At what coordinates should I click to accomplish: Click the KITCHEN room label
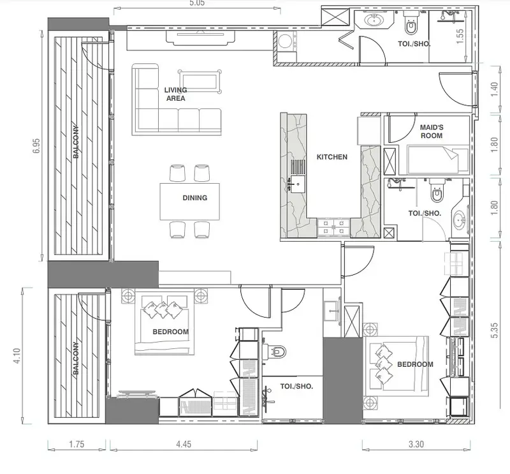[x=331, y=157]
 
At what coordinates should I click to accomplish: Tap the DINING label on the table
[x=195, y=198]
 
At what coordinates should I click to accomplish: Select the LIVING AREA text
[x=176, y=94]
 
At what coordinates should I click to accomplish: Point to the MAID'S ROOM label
[x=432, y=131]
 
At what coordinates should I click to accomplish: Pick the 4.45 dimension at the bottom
[x=184, y=444]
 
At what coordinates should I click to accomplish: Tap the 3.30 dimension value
[x=416, y=444]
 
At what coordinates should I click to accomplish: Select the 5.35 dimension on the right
[x=494, y=330]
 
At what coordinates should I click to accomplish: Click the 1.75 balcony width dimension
[x=76, y=444]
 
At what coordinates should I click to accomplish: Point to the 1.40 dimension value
[x=494, y=89]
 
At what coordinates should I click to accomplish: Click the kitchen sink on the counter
[x=298, y=184]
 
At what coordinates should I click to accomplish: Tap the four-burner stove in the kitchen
[x=333, y=227]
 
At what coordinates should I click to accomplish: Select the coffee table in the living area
[x=200, y=82]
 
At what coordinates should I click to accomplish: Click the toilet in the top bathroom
[x=411, y=23]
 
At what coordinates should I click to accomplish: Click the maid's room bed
[x=437, y=160]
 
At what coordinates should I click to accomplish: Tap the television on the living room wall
[x=201, y=38]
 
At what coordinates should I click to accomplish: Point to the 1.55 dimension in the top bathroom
[x=460, y=36]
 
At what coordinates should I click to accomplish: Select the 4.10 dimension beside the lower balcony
[x=17, y=356]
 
